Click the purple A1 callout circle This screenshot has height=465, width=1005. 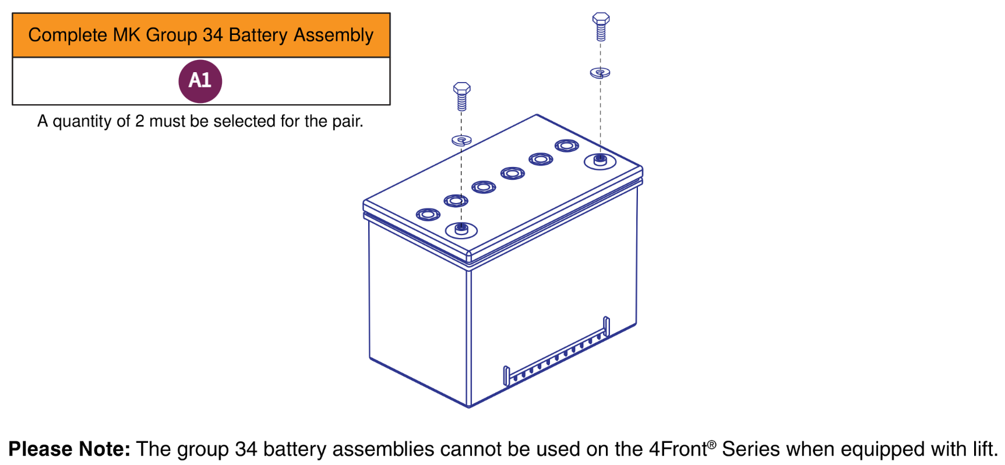pyautogui.click(x=200, y=81)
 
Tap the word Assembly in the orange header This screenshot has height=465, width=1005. pyautogui.click(x=333, y=35)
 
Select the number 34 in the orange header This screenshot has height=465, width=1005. pyautogui.click(x=213, y=35)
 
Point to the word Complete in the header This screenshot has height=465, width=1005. pyautogui.click(x=68, y=35)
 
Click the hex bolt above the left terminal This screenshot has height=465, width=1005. pyautogui.click(x=461, y=96)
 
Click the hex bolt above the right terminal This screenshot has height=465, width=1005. pyautogui.click(x=601, y=26)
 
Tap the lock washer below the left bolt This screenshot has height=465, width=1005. pyautogui.click(x=461, y=140)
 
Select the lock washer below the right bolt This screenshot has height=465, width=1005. pyautogui.click(x=600, y=73)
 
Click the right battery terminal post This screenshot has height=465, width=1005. pyautogui.click(x=600, y=159)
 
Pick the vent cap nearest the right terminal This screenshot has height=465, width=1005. pyautogui.click(x=566, y=145)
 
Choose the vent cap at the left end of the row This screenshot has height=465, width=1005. pyautogui.click(x=428, y=215)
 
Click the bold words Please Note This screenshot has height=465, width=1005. pyautogui.click(x=69, y=449)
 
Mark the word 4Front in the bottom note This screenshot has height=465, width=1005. pyautogui.click(x=678, y=449)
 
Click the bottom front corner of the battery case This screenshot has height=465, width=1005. pyautogui.click(x=469, y=405)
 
